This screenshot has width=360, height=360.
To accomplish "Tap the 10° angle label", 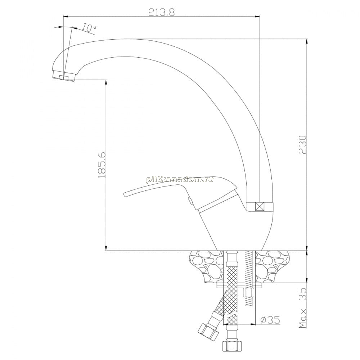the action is [x=89, y=28].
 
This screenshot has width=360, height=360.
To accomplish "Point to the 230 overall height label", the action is [x=303, y=145].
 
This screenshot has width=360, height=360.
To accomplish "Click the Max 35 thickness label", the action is [x=303, y=308].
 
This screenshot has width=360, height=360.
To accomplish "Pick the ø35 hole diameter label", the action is [x=270, y=319].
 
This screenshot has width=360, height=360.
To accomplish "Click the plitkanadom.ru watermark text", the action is [x=180, y=180].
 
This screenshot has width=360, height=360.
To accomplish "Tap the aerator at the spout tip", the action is [x=63, y=76].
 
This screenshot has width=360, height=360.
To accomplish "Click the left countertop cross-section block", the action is [x=206, y=267].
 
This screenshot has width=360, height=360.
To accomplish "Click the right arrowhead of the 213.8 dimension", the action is [x=258, y=17].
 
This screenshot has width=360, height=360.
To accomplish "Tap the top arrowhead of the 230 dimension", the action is [x=307, y=41].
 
